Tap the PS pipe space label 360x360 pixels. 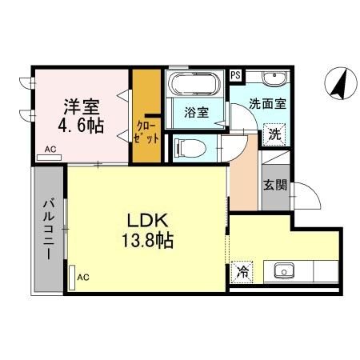pyautogui.click(x=236, y=75)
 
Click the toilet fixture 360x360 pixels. pyautogui.click(x=184, y=147)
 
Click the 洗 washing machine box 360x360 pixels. pyautogui.click(x=274, y=134)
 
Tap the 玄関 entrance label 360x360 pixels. pyautogui.click(x=274, y=184)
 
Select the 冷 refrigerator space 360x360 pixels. pyautogui.click(x=240, y=271)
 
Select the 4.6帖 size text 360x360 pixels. pyautogui.click(x=80, y=126)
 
